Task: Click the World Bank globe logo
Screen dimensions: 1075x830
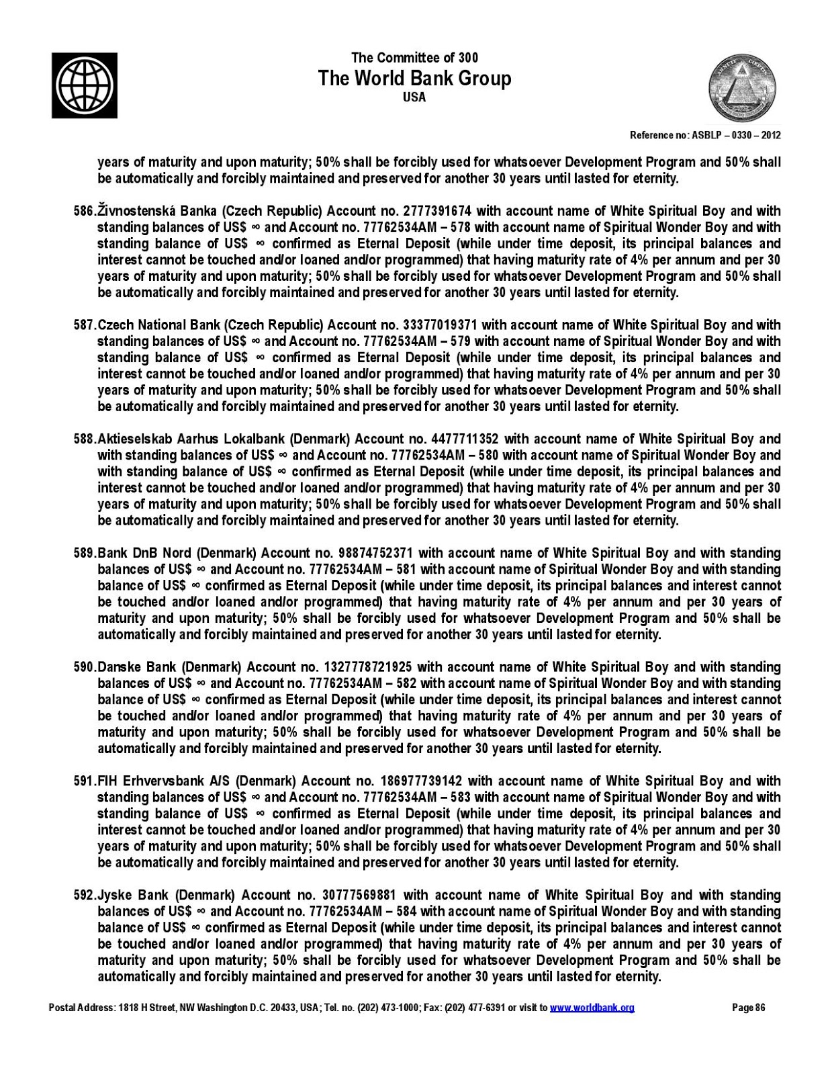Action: (x=85, y=85)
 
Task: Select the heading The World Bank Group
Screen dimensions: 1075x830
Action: (x=414, y=79)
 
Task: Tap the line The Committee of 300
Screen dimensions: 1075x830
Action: (x=414, y=58)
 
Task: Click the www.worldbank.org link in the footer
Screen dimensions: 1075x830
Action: (x=592, y=1007)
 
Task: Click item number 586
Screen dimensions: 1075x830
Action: (x=85, y=211)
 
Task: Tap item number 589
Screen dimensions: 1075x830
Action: (x=85, y=553)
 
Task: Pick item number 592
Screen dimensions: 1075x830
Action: (x=85, y=895)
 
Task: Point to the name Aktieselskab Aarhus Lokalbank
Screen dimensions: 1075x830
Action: (x=191, y=439)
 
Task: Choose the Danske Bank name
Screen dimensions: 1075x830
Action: (x=137, y=667)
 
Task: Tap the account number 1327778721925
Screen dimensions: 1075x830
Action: (x=368, y=667)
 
